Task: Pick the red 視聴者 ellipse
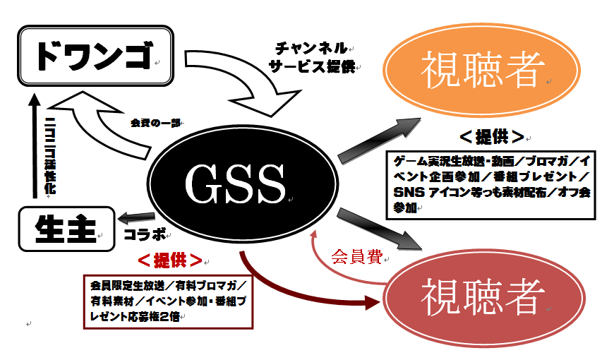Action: point(483,296)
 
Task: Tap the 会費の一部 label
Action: point(155,122)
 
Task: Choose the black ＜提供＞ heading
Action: point(491,136)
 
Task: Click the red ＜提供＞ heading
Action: point(169,260)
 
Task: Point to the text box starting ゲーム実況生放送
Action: point(492,181)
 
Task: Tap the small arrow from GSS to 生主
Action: point(131,217)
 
